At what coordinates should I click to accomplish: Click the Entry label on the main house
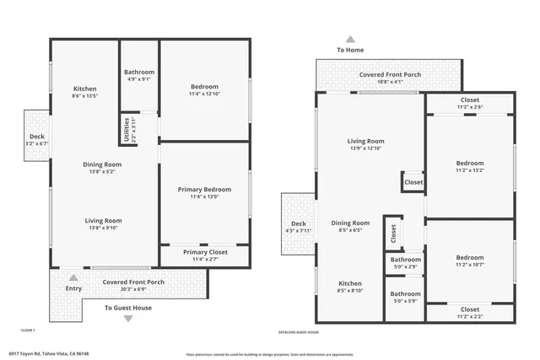[x=74, y=288]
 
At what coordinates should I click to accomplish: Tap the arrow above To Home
[x=350, y=39]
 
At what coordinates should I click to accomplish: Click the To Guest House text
[x=128, y=308]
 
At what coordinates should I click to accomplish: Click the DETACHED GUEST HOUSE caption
[x=299, y=332]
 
